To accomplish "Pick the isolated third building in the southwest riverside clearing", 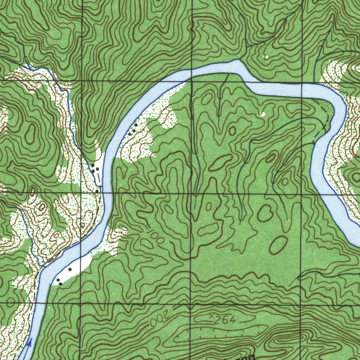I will click(x=70, y=269).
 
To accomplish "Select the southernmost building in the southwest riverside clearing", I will click(x=61, y=283).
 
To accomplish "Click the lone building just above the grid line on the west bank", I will click(x=97, y=191).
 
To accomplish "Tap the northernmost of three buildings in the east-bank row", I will click(x=136, y=125).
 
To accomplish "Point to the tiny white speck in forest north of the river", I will click(x=266, y=57).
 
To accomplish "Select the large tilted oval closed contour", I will click(x=278, y=245).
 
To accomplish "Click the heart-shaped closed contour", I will click(x=265, y=213).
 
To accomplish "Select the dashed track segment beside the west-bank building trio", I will click(x=99, y=179).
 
